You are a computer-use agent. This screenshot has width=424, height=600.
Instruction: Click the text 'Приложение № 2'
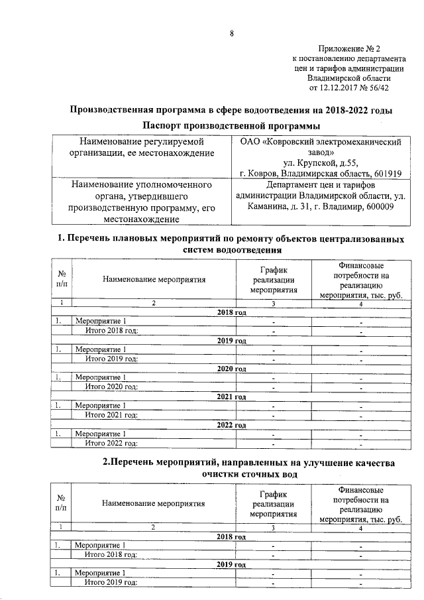click(349, 48)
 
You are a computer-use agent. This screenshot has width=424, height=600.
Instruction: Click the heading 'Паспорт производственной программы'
click(231, 125)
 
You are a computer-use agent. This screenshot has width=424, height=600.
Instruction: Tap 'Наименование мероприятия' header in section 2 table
click(154, 503)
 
